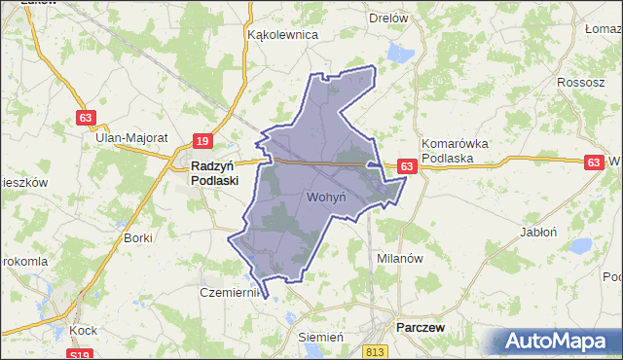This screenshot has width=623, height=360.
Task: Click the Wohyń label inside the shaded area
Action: (x=327, y=198)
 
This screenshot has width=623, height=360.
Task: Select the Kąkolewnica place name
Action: (x=283, y=34)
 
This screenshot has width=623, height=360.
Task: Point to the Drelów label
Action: (x=389, y=18)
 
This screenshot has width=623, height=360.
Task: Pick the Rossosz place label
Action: (x=581, y=82)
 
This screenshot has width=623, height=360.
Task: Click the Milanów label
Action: (x=399, y=259)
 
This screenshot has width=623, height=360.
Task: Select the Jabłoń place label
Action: (x=538, y=233)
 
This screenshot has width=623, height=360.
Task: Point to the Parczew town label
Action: (x=421, y=328)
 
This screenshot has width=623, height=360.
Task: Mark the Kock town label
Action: (x=82, y=331)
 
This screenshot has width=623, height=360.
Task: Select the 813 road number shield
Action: (x=377, y=349)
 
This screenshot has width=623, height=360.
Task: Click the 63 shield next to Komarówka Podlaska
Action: (x=408, y=167)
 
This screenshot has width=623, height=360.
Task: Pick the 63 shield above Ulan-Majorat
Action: (x=87, y=118)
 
